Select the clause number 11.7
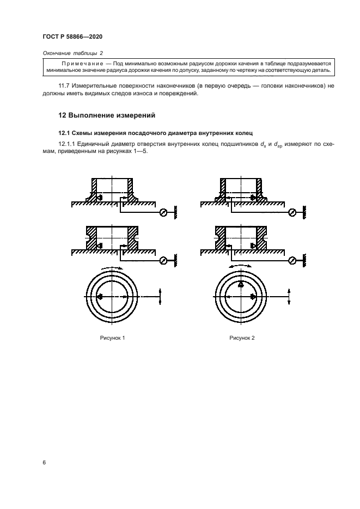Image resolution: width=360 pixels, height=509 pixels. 65,86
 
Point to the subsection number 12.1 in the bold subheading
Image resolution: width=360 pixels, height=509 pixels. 65,132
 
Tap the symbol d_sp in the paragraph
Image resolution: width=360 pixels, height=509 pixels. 279,144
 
